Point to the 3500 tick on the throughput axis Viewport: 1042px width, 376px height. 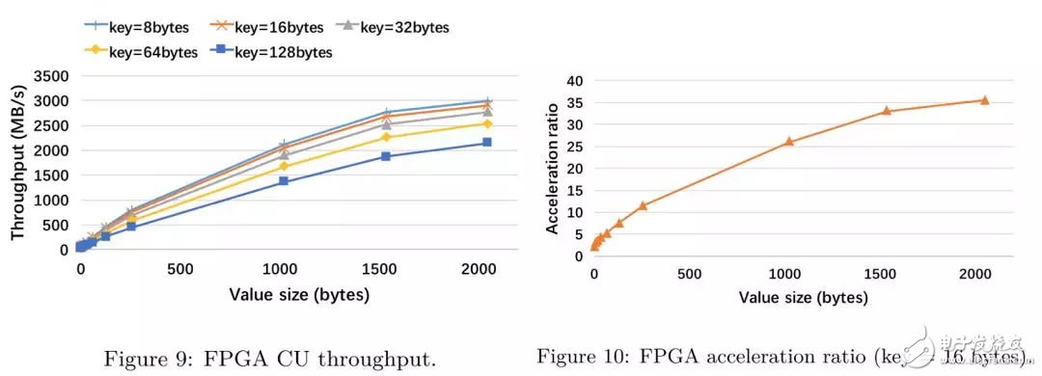pos(51,76)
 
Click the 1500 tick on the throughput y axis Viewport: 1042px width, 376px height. pos(51,175)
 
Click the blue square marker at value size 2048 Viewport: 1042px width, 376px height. pos(487,142)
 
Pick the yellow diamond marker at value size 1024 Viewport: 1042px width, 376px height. pos(284,166)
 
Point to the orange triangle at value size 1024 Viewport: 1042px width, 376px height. pos(789,142)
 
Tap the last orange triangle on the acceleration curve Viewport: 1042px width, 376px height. pos(984,99)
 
